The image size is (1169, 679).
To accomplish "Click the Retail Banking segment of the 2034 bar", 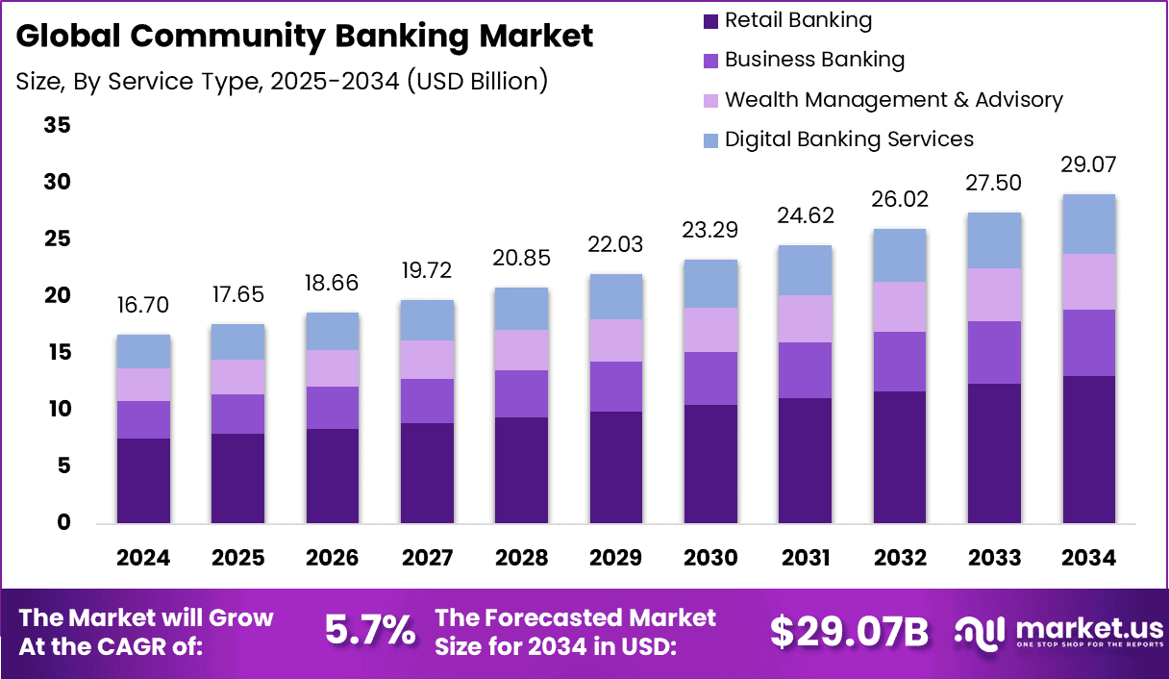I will (1088, 449).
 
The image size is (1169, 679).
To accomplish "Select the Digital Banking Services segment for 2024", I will (143, 351).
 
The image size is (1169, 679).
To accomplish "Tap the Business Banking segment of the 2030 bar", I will (710, 378).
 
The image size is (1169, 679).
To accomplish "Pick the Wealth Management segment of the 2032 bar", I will (899, 307).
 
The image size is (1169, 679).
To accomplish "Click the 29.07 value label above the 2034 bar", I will (1088, 164).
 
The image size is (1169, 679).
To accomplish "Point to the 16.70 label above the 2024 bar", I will (143, 306).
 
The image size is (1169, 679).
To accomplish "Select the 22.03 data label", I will (616, 245).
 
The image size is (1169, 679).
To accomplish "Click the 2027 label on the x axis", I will (427, 558).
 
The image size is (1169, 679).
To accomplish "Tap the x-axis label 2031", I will (805, 558).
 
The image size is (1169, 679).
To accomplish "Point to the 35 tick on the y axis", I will (57, 126).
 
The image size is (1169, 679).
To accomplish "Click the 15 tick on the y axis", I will (57, 353).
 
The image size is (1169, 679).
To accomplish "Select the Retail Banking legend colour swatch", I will (710, 20).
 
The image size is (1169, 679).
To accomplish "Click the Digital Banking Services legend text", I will (849, 139).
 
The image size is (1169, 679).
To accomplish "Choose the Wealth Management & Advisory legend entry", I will (893, 100).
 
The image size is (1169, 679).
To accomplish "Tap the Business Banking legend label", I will (814, 60).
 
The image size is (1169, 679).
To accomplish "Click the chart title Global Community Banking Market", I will (305, 37).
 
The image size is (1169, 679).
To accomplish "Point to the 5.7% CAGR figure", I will (370, 631).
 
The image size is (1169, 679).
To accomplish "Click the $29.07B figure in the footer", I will (849, 632).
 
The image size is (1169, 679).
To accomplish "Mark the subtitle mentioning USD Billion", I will (282, 82).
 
